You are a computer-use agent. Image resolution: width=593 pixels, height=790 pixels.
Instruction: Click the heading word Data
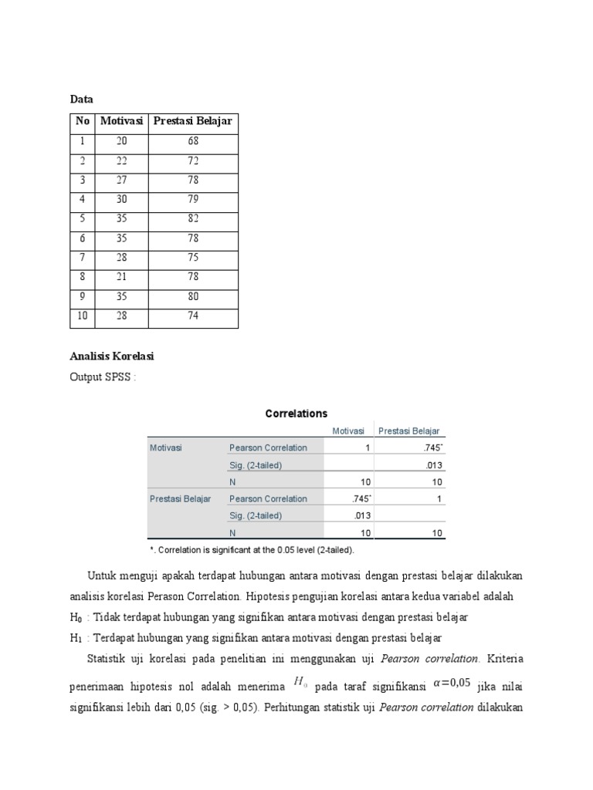pos(81,100)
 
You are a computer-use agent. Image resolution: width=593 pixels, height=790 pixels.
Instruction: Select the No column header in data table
pos(83,122)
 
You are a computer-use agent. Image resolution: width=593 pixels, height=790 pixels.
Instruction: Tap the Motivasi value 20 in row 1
pos(122,141)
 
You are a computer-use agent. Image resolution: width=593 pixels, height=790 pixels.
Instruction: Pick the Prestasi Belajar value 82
pos(193,219)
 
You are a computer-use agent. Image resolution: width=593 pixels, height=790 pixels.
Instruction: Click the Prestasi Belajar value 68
pos(193,141)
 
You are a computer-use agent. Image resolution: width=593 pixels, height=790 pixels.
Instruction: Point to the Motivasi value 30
pos(122,200)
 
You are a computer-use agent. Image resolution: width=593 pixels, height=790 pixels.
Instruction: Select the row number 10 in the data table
pos(83,316)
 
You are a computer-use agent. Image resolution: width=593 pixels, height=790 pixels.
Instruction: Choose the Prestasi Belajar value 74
pos(193,316)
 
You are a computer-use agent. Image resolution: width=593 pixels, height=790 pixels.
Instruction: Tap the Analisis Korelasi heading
pos(113,356)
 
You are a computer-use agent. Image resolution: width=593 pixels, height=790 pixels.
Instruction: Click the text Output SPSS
pos(102,376)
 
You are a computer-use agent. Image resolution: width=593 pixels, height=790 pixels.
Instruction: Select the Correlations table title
pos(296,414)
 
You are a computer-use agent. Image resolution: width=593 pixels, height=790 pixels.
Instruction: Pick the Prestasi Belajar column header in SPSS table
pos(409,431)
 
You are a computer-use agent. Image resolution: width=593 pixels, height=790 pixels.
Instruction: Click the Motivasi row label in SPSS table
pos(166,448)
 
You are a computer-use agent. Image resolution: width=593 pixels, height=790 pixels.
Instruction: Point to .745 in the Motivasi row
pos(433,448)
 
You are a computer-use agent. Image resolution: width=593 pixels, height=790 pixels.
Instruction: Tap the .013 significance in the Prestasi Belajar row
pos(361,516)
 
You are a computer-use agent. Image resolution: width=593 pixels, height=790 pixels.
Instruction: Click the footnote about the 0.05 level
pos(252,550)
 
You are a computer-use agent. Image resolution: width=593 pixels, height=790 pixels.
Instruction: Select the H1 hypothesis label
pos(76,637)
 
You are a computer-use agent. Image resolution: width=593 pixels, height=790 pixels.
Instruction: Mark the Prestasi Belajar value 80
pos(193,297)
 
